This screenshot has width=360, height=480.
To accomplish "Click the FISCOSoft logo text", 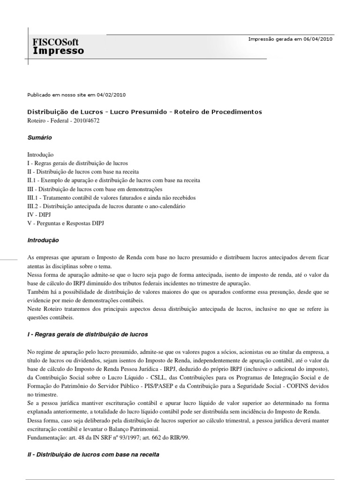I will coord(55,42).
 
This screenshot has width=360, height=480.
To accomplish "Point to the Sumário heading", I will coord(39,138).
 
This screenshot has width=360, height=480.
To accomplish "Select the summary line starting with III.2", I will coord(106,206).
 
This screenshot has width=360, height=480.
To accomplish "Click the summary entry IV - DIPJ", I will coord(39,215).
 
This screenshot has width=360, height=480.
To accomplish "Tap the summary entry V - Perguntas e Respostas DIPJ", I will coord(66,223).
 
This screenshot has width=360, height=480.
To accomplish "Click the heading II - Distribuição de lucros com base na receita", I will coord(93,455).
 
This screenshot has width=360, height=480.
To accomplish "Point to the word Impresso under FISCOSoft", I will coord(58,50).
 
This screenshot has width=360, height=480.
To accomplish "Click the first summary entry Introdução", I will coord(40,155).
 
